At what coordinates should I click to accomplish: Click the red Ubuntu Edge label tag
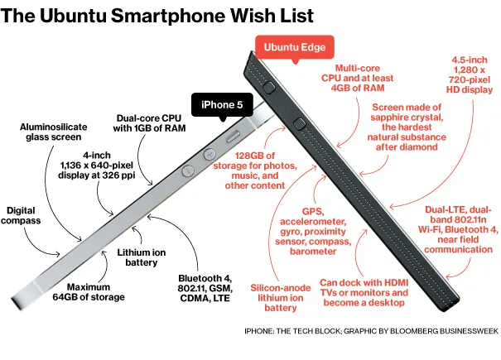(x=295, y=46)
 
